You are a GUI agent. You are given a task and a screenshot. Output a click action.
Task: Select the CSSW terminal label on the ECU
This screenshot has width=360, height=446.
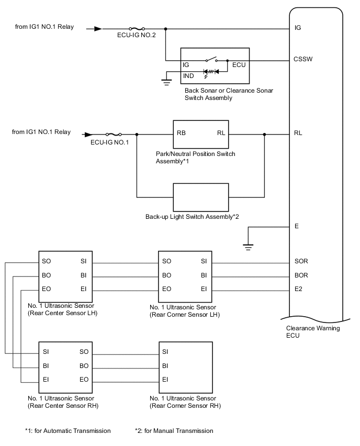tap(303, 60)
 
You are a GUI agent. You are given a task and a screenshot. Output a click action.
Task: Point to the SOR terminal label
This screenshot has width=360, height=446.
tap(302, 260)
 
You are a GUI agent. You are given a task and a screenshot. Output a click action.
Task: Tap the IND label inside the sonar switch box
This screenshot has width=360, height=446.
tap(188, 75)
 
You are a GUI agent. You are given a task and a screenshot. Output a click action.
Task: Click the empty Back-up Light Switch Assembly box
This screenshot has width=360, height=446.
tap(201, 197)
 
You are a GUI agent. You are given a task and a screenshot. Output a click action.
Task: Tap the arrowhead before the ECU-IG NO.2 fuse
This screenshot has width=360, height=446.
tap(98, 29)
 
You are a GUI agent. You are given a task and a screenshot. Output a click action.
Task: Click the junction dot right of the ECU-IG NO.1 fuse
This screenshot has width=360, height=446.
tap(137, 134)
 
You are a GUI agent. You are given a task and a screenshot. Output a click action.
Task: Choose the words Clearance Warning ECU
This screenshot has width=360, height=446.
tap(313, 332)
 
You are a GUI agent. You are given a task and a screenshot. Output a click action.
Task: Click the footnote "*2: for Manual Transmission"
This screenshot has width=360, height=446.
tap(174, 431)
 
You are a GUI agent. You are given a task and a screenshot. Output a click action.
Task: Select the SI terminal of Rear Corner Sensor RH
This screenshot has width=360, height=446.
tap(165, 351)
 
